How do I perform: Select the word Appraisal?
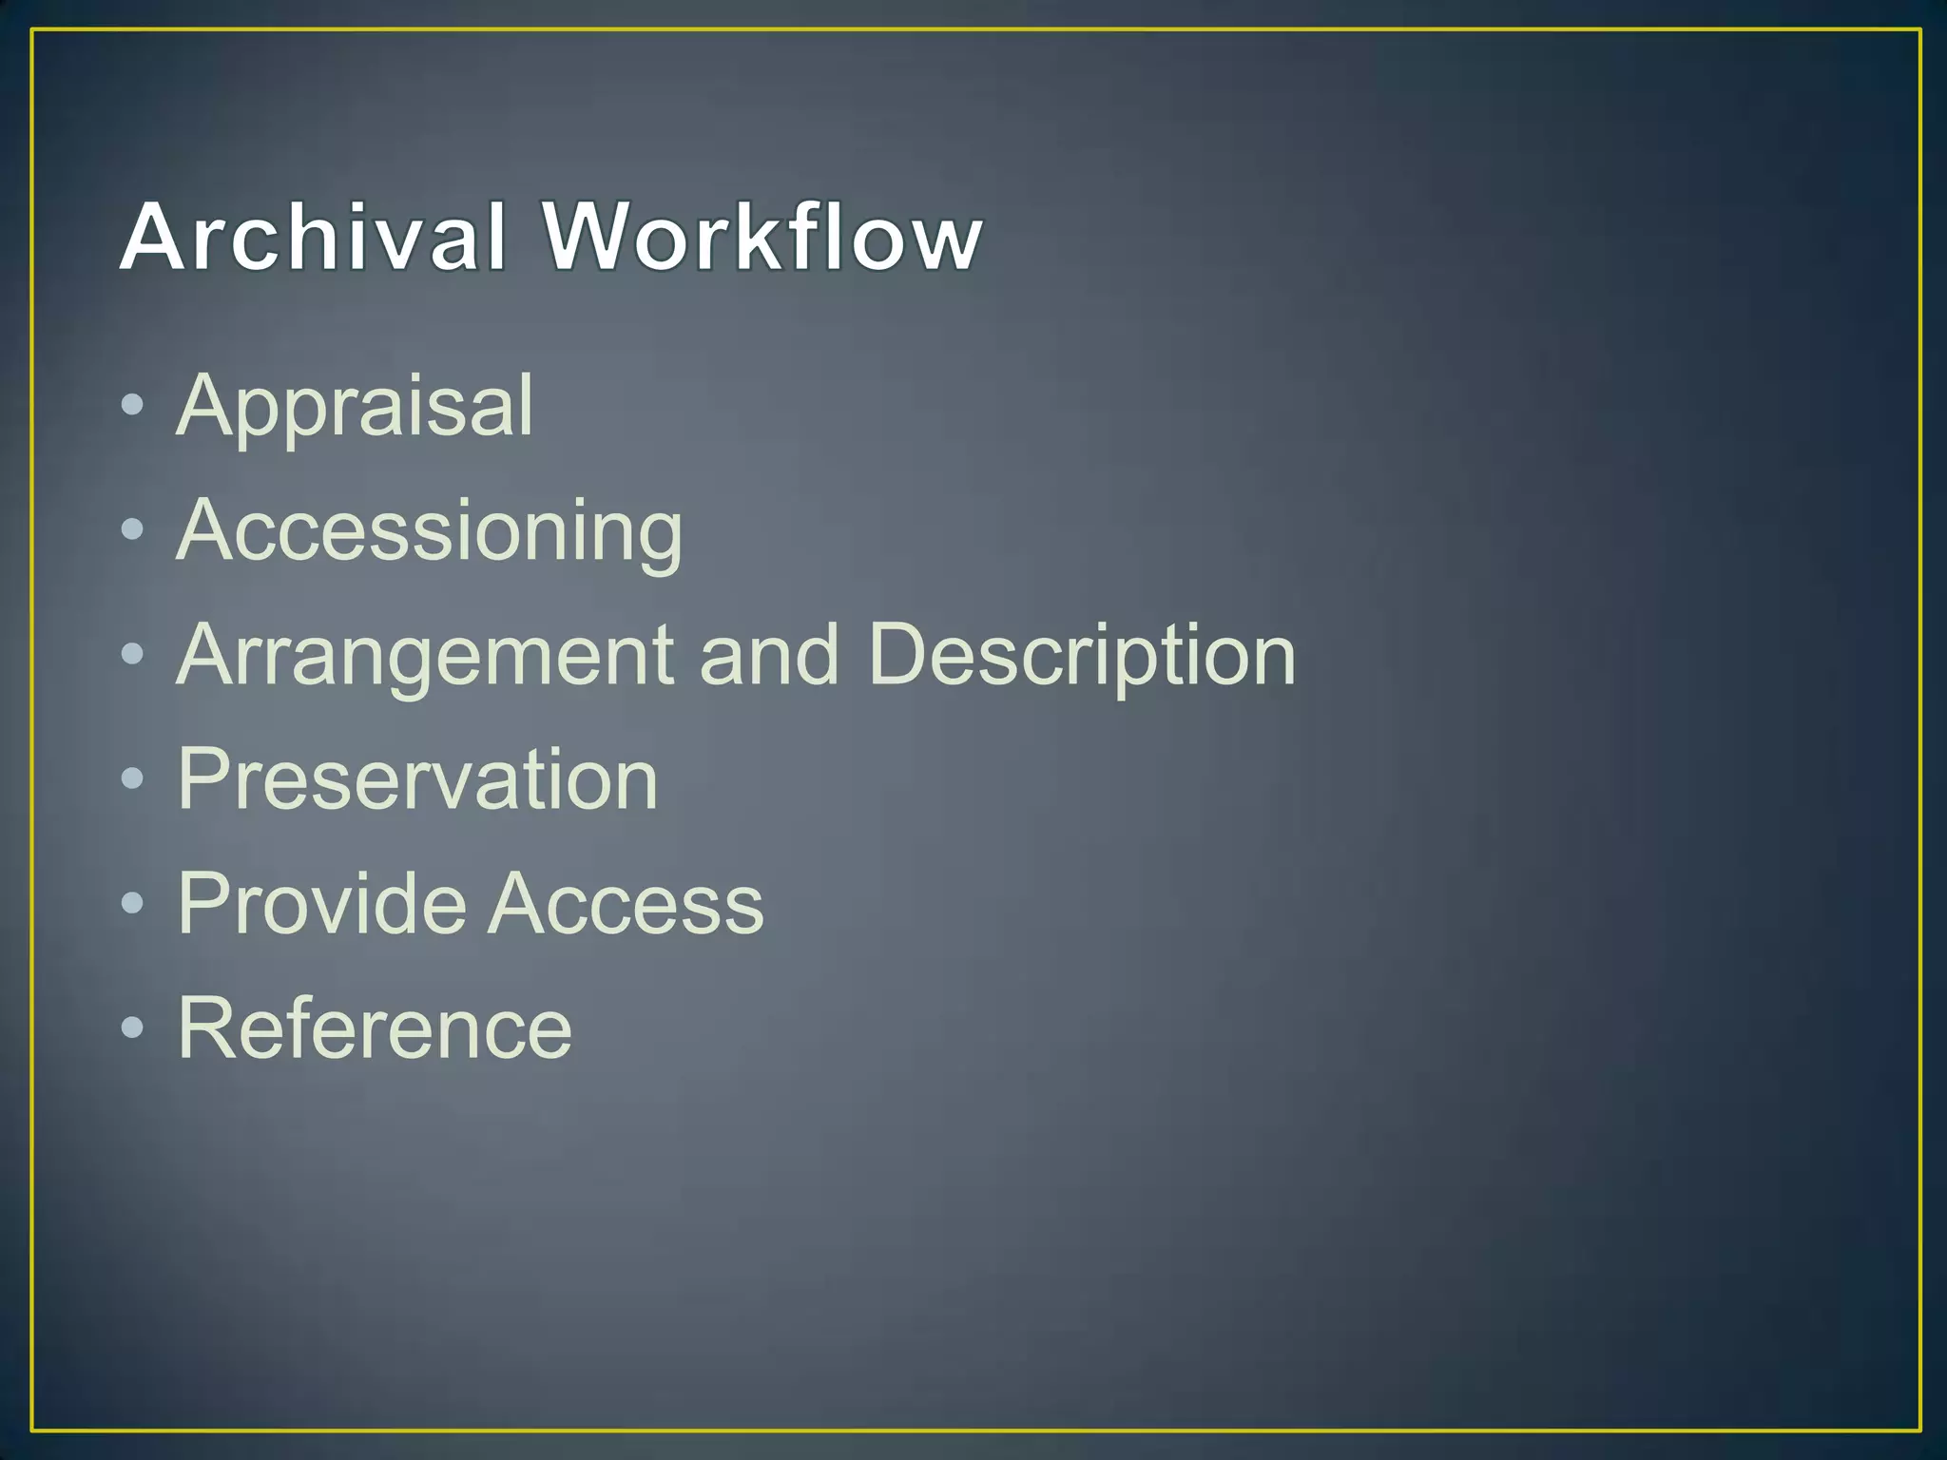[x=355, y=406]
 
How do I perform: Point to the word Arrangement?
[x=425, y=656]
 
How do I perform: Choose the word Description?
[x=1082, y=656]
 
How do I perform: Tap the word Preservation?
[x=417, y=779]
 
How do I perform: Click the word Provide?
[x=320, y=903]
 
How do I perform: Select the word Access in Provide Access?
[x=627, y=904]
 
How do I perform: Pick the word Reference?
[x=375, y=1028]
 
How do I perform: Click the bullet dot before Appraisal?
[x=133, y=406]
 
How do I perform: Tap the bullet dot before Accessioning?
[x=133, y=530]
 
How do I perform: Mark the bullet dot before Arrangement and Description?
[x=133, y=655]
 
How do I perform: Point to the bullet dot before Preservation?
[x=133, y=779]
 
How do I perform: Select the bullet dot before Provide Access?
[x=133, y=904]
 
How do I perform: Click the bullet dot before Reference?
[x=133, y=1028]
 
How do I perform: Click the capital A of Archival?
[x=151, y=237]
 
